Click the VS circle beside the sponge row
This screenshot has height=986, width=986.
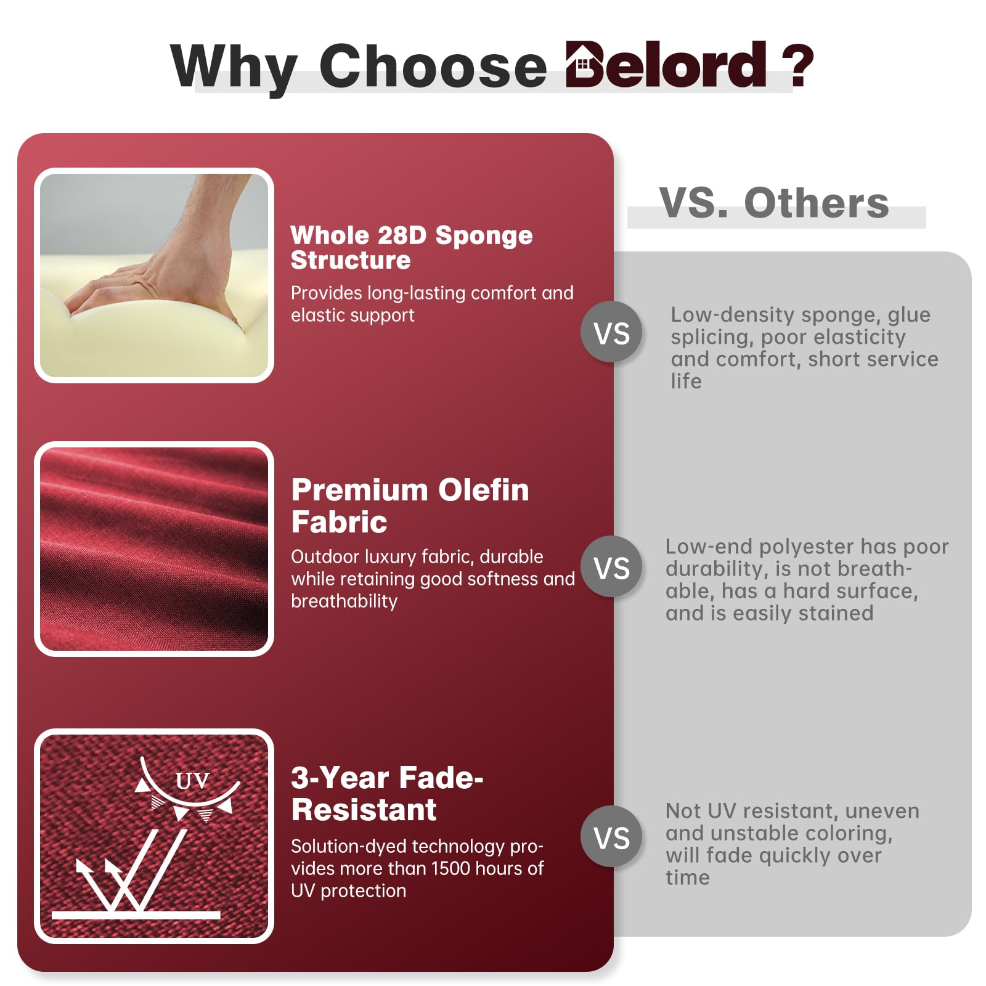tap(611, 332)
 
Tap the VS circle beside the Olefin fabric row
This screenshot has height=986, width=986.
tap(611, 567)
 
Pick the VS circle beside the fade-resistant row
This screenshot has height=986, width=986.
tap(611, 837)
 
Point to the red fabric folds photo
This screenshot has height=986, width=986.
tap(154, 549)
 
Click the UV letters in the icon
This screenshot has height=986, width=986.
tap(192, 781)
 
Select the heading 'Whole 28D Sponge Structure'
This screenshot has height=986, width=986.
tap(412, 247)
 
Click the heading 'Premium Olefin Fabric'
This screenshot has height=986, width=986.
tap(410, 506)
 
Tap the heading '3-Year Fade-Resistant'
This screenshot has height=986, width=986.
tap(387, 794)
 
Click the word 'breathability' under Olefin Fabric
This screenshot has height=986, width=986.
tap(344, 601)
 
